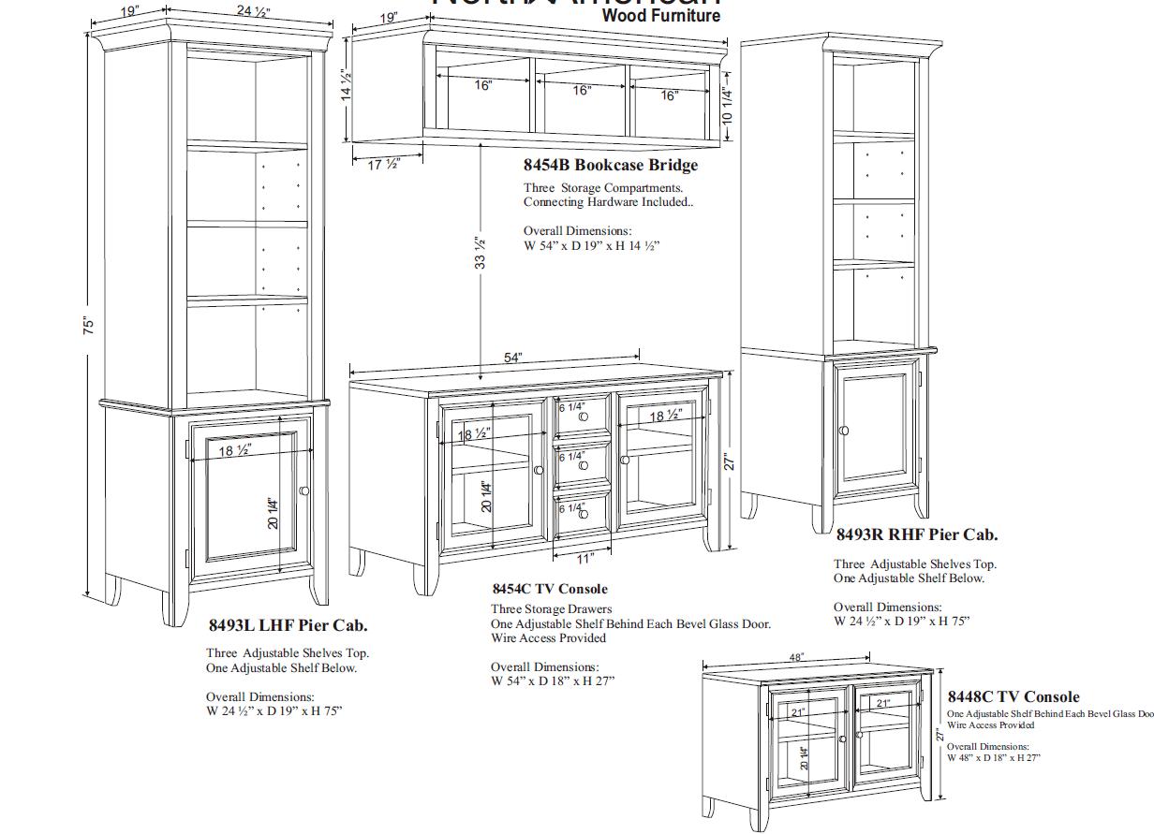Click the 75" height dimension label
point(89,325)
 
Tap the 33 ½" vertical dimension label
point(481,253)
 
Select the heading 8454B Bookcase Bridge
point(611,166)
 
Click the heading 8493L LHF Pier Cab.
point(288,625)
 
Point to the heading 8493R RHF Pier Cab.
point(917,535)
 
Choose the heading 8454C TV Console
point(550,589)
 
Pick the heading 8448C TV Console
point(1013,696)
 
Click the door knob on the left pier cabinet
point(304,490)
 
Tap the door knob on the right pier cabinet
point(844,431)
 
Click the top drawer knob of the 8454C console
point(584,417)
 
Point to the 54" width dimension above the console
point(512,358)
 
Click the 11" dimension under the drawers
point(584,558)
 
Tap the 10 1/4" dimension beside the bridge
point(728,104)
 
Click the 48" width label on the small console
point(795,658)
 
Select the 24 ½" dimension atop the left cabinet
point(246,11)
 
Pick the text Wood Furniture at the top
point(661,16)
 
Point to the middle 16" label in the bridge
point(582,91)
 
